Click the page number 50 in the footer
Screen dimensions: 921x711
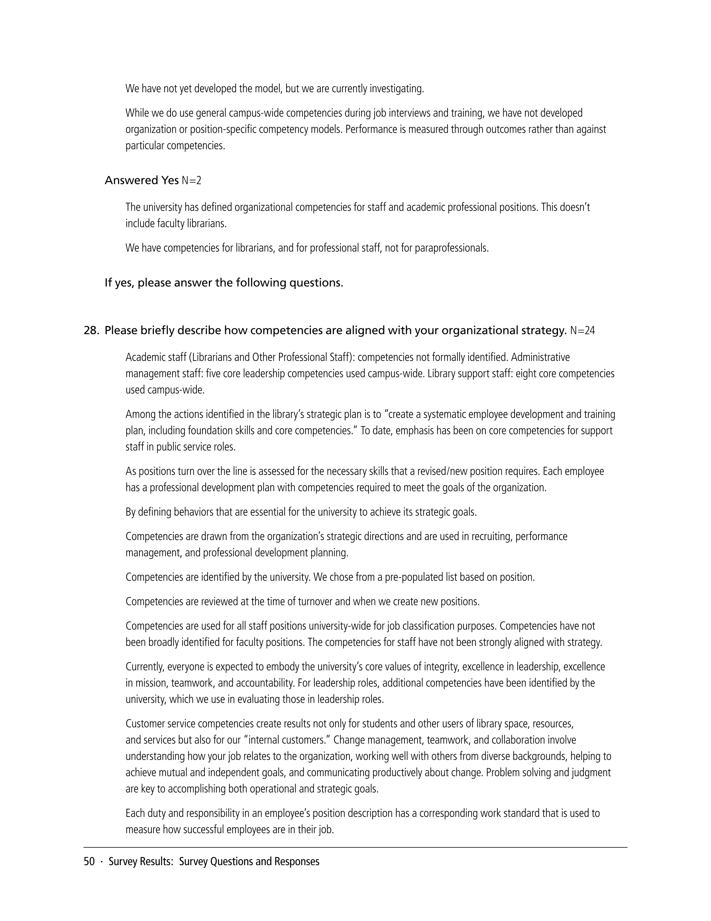tap(89, 861)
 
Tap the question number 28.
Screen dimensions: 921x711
tap(91, 330)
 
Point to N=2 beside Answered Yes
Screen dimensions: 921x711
tap(191, 180)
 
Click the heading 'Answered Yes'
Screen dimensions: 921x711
tap(141, 180)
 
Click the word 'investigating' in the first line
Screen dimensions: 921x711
tap(396, 89)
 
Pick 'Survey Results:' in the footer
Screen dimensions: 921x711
tap(141, 861)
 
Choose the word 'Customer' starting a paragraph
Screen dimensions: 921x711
tap(145, 724)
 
